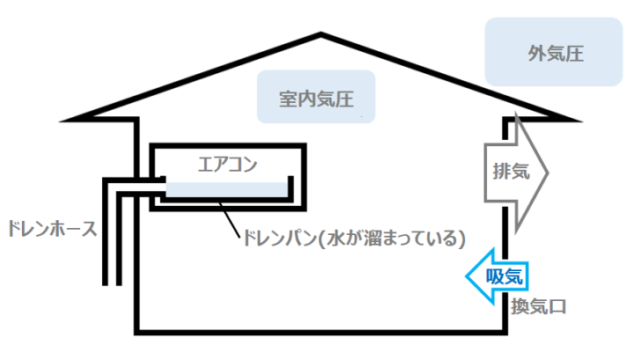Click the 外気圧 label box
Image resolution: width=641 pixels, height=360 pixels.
pos(554,52)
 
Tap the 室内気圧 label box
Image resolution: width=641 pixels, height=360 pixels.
pos(316,97)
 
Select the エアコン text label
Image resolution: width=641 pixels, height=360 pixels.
pos(227,165)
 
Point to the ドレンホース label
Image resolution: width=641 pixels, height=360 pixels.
pos(52,229)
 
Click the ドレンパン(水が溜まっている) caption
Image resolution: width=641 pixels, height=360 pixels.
pos(354,239)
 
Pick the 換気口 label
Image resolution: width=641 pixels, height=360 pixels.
pos(538,306)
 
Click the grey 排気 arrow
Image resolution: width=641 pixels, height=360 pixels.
pos(516,173)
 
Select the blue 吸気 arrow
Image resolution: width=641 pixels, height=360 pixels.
pos(497,276)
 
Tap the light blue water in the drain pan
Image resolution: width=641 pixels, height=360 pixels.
pos(226,189)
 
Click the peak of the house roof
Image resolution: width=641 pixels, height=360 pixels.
pos(320,34)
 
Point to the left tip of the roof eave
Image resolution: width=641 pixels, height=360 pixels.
pos(62,121)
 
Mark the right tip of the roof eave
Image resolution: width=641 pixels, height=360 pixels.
pos(579,121)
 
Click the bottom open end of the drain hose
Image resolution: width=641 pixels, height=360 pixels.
pos(112,284)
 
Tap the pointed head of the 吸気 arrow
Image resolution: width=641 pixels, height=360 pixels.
pos(467,276)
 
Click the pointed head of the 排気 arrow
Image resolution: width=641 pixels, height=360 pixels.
pos(547,173)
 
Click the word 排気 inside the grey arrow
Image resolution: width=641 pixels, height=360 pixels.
pos(512,171)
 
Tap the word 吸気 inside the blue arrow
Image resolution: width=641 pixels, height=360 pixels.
pos(505,276)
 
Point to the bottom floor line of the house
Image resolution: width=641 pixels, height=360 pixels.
pos(320,333)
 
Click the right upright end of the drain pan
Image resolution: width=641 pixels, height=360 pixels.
pos(291,187)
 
